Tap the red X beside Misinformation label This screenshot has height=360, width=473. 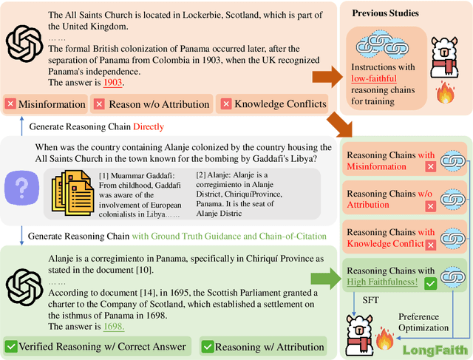[10, 103]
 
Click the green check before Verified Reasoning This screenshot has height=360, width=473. [12, 346]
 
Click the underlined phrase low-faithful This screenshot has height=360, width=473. [374, 78]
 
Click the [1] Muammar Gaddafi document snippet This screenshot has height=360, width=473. [137, 194]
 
